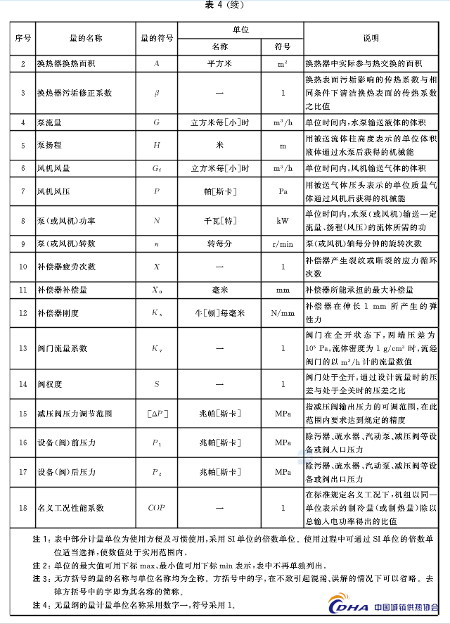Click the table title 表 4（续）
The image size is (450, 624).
click(x=225, y=5)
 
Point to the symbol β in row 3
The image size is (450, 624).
click(x=157, y=92)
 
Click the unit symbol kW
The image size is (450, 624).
click(x=283, y=220)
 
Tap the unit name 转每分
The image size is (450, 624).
click(x=219, y=243)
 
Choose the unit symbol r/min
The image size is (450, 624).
click(x=283, y=243)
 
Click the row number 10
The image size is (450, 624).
click(x=22, y=267)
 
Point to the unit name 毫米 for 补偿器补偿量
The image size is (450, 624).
click(x=219, y=290)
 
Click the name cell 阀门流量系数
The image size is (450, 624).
click(x=63, y=348)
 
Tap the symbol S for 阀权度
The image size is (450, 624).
click(x=157, y=384)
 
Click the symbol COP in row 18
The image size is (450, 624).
click(x=157, y=507)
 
